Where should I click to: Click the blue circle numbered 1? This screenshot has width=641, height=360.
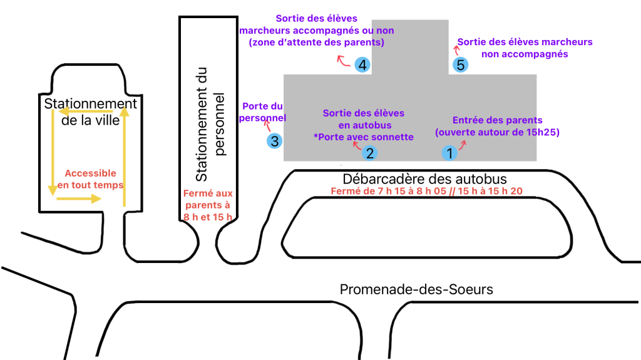click(x=448, y=152)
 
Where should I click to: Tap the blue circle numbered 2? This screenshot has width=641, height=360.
click(x=370, y=152)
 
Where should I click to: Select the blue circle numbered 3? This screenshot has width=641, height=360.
click(x=274, y=141)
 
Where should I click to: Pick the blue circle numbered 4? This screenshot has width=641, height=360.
click(x=362, y=64)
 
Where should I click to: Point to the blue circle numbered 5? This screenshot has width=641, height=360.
click(x=461, y=64)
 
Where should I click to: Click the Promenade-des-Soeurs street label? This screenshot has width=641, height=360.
click(x=416, y=289)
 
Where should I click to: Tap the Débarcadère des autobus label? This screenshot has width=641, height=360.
click(x=424, y=179)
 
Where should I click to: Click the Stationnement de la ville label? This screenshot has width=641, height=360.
click(x=91, y=111)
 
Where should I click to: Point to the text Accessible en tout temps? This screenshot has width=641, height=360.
click(x=91, y=179)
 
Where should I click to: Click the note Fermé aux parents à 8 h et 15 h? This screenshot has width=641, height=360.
click(x=207, y=205)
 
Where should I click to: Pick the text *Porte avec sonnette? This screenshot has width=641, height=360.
click(x=364, y=136)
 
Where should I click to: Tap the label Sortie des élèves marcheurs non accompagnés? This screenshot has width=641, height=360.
click(x=525, y=48)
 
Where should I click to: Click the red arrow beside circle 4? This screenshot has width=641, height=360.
click(x=343, y=60)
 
